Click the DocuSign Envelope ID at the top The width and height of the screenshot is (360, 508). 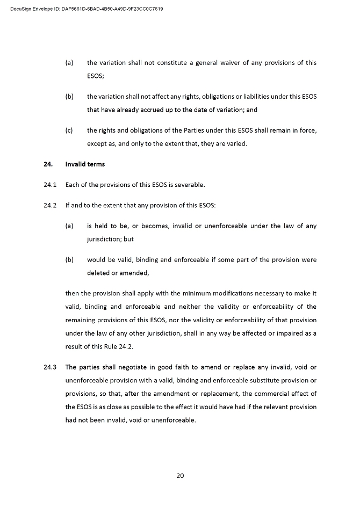pos(87,9)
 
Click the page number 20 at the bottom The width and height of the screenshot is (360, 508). pos(180,475)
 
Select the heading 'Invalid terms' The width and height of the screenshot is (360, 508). pos(85,164)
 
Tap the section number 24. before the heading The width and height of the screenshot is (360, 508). pos(48,164)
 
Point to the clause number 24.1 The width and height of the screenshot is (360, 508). pos(50,185)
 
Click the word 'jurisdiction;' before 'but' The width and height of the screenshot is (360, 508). pos(107,240)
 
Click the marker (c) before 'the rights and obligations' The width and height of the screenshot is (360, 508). pos(69,130)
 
